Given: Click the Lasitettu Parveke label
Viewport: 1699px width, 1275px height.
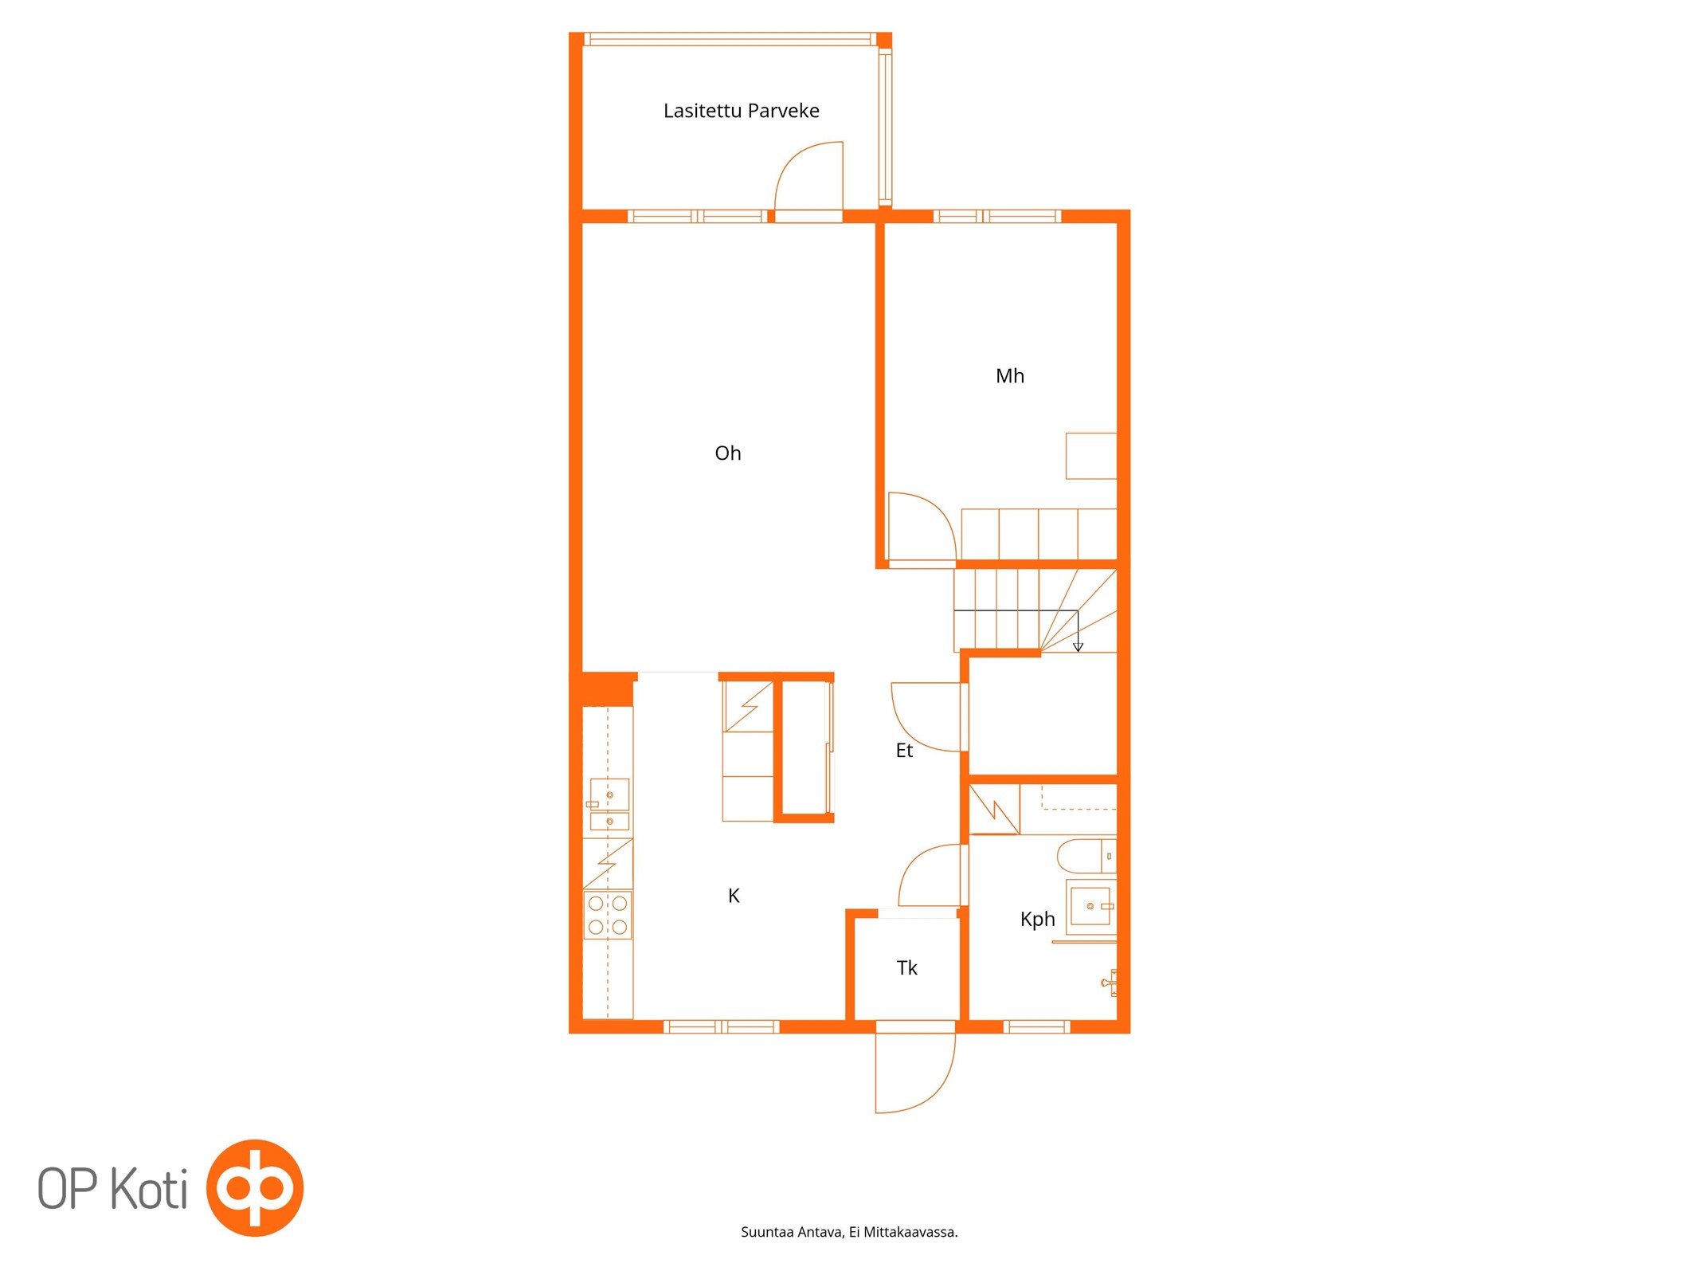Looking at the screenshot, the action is pyautogui.click(x=741, y=111).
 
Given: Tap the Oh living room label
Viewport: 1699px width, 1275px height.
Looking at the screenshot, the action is pyautogui.click(x=727, y=453).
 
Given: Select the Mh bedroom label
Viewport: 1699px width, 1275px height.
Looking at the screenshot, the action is pyautogui.click(x=1009, y=375).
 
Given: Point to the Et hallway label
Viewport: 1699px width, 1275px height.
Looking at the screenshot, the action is pyautogui.click(x=903, y=750).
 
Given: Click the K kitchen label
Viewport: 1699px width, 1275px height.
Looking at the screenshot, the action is pyautogui.click(x=734, y=896).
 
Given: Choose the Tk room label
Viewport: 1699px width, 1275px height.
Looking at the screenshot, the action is pyautogui.click(x=906, y=967).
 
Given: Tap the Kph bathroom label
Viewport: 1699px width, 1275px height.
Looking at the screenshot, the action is pyautogui.click(x=1037, y=919).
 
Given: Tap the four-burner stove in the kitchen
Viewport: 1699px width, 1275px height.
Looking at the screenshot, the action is pyautogui.click(x=608, y=915).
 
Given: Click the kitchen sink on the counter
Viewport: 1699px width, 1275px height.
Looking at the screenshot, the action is pyautogui.click(x=609, y=806).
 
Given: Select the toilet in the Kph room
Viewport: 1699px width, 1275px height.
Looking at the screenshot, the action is pyautogui.click(x=1086, y=856).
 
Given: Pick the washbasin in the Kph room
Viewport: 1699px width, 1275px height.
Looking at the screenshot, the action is pyautogui.click(x=1090, y=906).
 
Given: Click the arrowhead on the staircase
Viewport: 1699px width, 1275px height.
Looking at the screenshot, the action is pyautogui.click(x=1078, y=647).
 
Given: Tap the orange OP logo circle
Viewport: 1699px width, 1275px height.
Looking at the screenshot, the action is pyautogui.click(x=255, y=1188).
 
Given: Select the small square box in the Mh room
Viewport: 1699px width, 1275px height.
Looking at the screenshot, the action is pyautogui.click(x=1091, y=456).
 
